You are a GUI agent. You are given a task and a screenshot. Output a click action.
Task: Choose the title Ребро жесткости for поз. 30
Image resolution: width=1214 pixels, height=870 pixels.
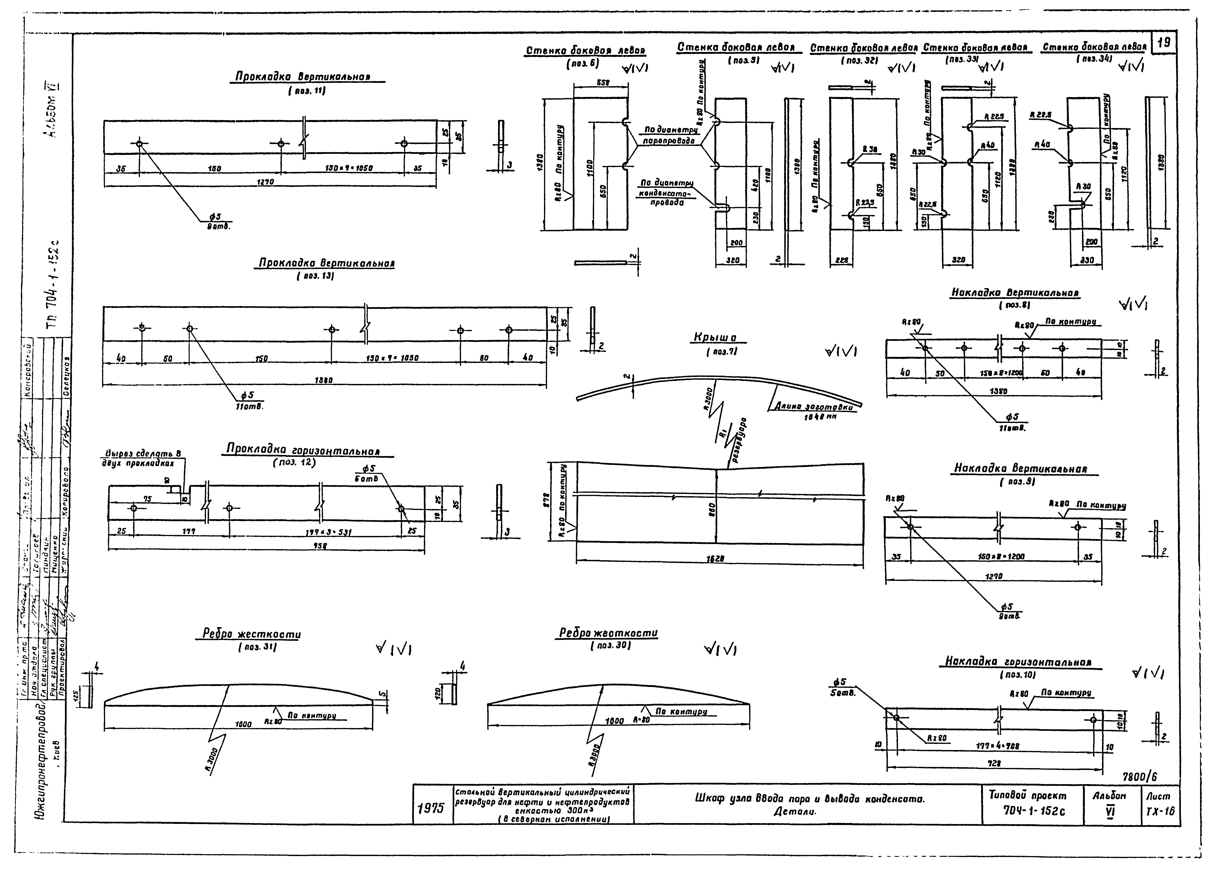pos(608,633)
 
